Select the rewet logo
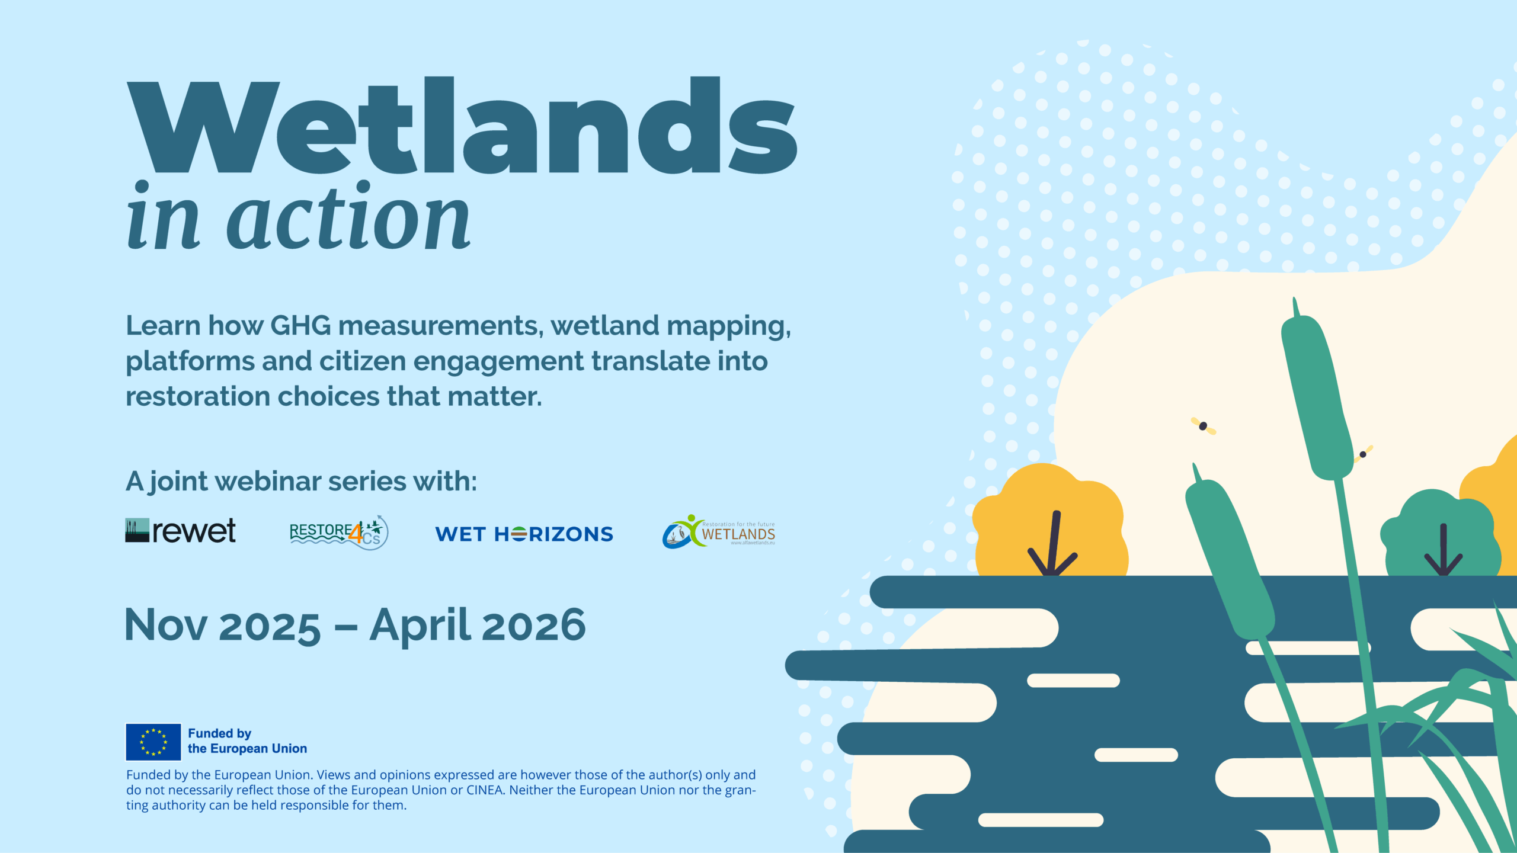click(181, 531)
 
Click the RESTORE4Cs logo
click(338, 533)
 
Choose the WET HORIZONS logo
click(524, 534)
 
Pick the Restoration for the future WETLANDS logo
click(719, 532)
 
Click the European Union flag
click(153, 742)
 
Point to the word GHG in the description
click(300, 326)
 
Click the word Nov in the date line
click(167, 626)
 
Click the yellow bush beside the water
click(1049, 521)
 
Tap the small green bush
click(1440, 533)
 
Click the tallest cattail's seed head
click(1317, 397)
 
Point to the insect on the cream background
click(1203, 426)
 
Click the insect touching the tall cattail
click(1363, 454)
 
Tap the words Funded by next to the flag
click(219, 733)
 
